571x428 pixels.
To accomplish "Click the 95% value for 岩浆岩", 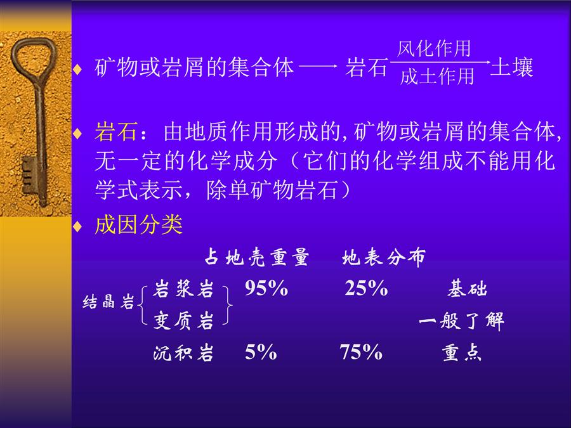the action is (x=266, y=289).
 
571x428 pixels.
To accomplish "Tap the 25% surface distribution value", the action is (x=366, y=289).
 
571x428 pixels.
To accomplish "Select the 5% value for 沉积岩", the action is (x=261, y=353).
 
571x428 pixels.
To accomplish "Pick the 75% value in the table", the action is (x=361, y=353).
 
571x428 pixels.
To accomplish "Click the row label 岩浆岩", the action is (x=183, y=290).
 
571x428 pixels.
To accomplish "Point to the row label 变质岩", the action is (x=183, y=321).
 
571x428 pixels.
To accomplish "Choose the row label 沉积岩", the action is (x=183, y=353).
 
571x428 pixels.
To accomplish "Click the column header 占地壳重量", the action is (x=257, y=257).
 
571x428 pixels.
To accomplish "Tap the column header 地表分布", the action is (x=384, y=257).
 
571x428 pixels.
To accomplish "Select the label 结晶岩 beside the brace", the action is (x=108, y=302).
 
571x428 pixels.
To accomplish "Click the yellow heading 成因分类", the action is (x=138, y=224).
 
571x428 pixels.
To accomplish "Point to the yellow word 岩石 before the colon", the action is (x=116, y=131).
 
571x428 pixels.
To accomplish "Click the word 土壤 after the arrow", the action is (x=511, y=67).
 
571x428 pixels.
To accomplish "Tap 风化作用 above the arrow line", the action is (x=434, y=49).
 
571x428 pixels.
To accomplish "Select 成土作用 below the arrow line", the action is (x=437, y=77).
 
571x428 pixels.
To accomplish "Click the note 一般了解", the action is (x=462, y=321).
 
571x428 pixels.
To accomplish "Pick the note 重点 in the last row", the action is (x=462, y=353).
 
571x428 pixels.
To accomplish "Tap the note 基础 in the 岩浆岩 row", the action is (x=467, y=289).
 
